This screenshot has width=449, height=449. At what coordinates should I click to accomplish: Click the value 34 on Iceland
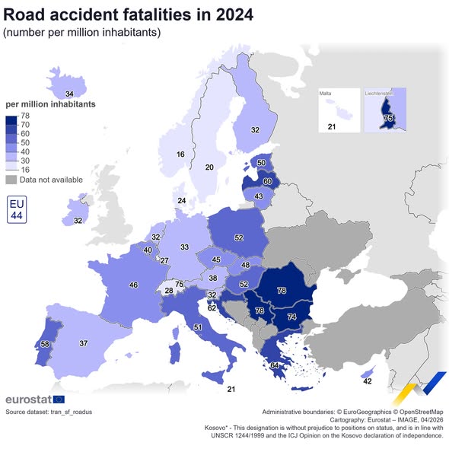pyautogui.click(x=70, y=94)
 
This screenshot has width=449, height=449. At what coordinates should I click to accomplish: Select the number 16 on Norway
pyautogui.click(x=180, y=154)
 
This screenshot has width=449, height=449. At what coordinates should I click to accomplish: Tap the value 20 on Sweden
pyautogui.click(x=209, y=167)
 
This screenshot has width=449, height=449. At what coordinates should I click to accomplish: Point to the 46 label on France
pyautogui.click(x=134, y=285)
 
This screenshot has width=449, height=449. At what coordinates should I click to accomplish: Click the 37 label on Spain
pyautogui.click(x=84, y=342)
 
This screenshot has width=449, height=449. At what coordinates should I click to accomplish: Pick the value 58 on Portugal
pyautogui.click(x=46, y=345)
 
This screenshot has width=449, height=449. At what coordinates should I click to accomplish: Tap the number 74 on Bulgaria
pyautogui.click(x=291, y=316)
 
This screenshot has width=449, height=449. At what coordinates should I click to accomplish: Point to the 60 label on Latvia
pyautogui.click(x=267, y=182)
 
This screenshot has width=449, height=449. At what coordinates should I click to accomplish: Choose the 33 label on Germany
pyautogui.click(x=185, y=247)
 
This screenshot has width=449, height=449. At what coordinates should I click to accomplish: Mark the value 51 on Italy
pyautogui.click(x=197, y=327)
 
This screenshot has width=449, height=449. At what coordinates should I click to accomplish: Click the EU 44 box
pyautogui.click(x=17, y=210)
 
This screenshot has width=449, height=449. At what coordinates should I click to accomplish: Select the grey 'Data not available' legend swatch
pyautogui.click(x=11, y=180)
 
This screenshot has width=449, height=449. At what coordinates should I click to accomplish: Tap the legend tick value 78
pyautogui.click(x=25, y=116)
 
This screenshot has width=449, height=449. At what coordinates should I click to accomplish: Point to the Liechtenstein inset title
pyautogui.click(x=384, y=94)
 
